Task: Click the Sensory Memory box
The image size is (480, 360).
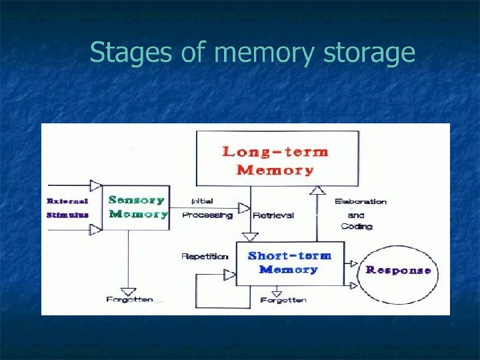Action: click(137, 207)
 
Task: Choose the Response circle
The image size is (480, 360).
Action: click(397, 270)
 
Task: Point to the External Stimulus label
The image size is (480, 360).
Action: click(67, 207)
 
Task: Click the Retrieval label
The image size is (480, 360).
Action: click(273, 215)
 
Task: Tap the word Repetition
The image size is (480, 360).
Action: click(204, 256)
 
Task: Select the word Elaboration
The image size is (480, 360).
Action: click(360, 201)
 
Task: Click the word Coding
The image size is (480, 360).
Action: click(357, 227)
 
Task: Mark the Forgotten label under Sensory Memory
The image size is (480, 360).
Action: click(129, 300)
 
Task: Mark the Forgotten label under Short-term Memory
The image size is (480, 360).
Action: click(283, 300)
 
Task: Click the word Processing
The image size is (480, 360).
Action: click(207, 215)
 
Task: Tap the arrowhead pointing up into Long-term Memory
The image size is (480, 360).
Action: click(318, 191)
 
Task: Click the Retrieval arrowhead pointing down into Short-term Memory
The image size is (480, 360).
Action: click(250, 237)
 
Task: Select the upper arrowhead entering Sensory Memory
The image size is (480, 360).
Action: click(96, 185)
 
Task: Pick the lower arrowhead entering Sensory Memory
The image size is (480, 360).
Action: click(96, 229)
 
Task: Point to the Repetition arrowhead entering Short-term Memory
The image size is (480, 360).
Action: click(230, 275)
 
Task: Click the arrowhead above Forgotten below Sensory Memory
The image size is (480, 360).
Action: click(129, 291)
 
